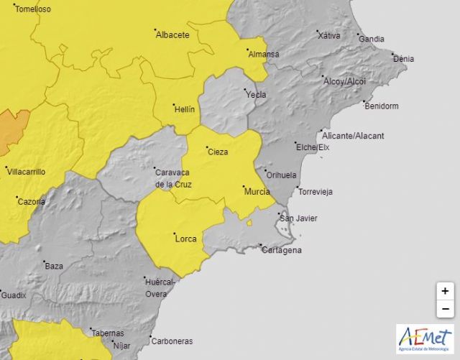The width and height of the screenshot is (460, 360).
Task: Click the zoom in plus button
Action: click(x=446, y=291)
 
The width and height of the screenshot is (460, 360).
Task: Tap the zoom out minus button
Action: click(x=446, y=308)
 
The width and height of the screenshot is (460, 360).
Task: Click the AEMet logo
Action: click(x=425, y=339)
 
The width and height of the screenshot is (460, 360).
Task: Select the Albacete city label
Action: click(x=172, y=34)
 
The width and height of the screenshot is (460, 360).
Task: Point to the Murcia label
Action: click(x=257, y=192)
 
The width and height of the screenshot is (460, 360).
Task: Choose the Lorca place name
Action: click(x=185, y=239)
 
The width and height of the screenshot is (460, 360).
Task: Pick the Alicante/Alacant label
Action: click(x=353, y=135)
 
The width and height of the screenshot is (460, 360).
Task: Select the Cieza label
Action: click(x=218, y=152)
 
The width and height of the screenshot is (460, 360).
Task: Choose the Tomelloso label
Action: click(x=33, y=9)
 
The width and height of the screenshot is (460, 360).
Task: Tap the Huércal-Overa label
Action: click(x=160, y=288)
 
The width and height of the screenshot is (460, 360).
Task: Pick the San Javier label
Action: click(x=298, y=218)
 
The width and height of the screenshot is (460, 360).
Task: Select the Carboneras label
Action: click(x=172, y=341)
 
